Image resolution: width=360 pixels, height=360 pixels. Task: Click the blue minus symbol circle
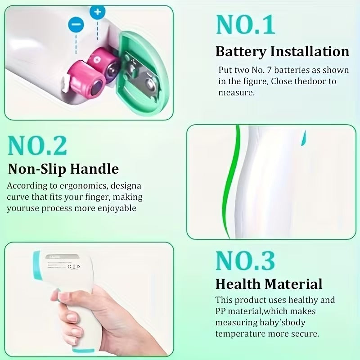click(x=76, y=25)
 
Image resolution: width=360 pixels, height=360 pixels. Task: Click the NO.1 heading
click(x=245, y=25)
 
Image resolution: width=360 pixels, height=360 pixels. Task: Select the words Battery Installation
click(x=282, y=51)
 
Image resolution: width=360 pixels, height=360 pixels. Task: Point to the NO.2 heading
click(x=37, y=145)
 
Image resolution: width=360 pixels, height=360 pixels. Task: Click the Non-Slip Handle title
click(x=63, y=169)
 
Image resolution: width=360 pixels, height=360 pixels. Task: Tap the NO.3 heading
click(x=245, y=261)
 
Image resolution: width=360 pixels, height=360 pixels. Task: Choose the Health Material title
click(x=269, y=284)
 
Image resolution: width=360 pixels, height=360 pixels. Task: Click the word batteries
click(x=292, y=70)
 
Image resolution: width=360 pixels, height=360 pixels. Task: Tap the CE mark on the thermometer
click(x=70, y=266)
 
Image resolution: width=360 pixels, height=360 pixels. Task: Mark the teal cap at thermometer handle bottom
click(x=83, y=351)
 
